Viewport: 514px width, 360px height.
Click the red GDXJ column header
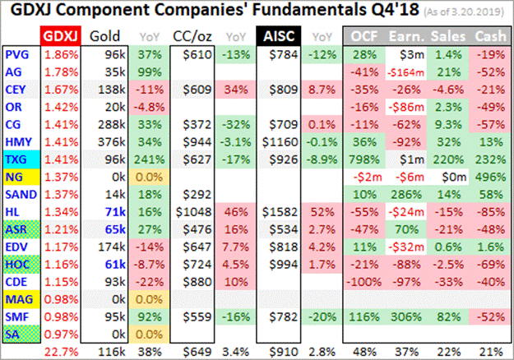61,35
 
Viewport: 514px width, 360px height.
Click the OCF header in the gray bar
364,35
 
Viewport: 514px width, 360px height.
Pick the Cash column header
490,35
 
